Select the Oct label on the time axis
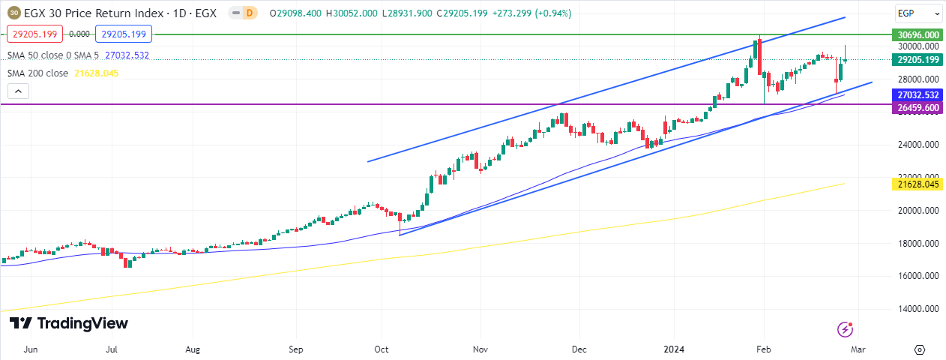[382, 349]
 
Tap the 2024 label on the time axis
[672, 349]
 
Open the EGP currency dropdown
[918, 13]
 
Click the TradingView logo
[69, 323]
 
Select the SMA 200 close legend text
[37, 73]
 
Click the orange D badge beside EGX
[249, 13]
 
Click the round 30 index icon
[13, 13]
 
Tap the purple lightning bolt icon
[845, 329]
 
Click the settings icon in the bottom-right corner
[920, 349]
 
